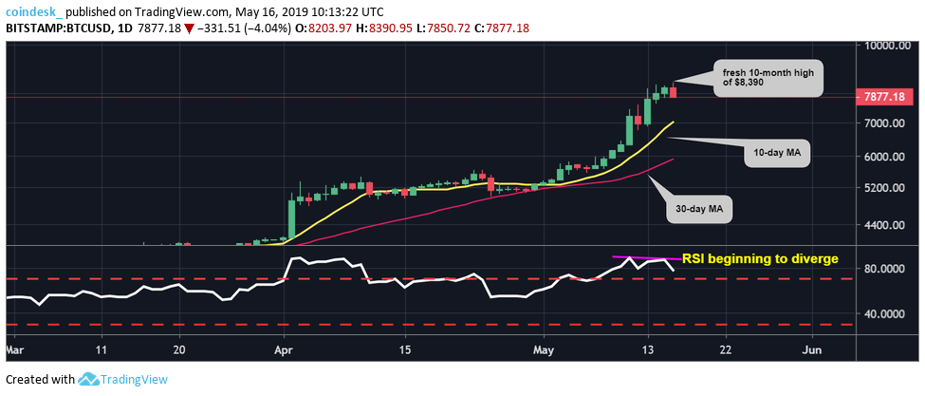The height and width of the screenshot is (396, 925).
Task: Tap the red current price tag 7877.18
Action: coord(886,96)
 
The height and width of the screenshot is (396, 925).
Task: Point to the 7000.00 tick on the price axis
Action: coord(883,123)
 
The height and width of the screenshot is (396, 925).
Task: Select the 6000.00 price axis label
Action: coord(883,157)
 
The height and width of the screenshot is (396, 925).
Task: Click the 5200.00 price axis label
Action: coord(883,188)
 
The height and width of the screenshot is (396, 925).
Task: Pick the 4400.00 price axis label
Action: coord(883,225)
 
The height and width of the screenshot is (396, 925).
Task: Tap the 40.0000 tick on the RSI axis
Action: coord(883,313)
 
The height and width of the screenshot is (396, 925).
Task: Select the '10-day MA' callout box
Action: coord(776,152)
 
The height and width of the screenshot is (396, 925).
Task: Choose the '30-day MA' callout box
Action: coord(699,206)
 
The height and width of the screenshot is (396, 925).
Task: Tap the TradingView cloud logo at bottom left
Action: coord(90,380)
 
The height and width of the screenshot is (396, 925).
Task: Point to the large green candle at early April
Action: coord(290,216)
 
